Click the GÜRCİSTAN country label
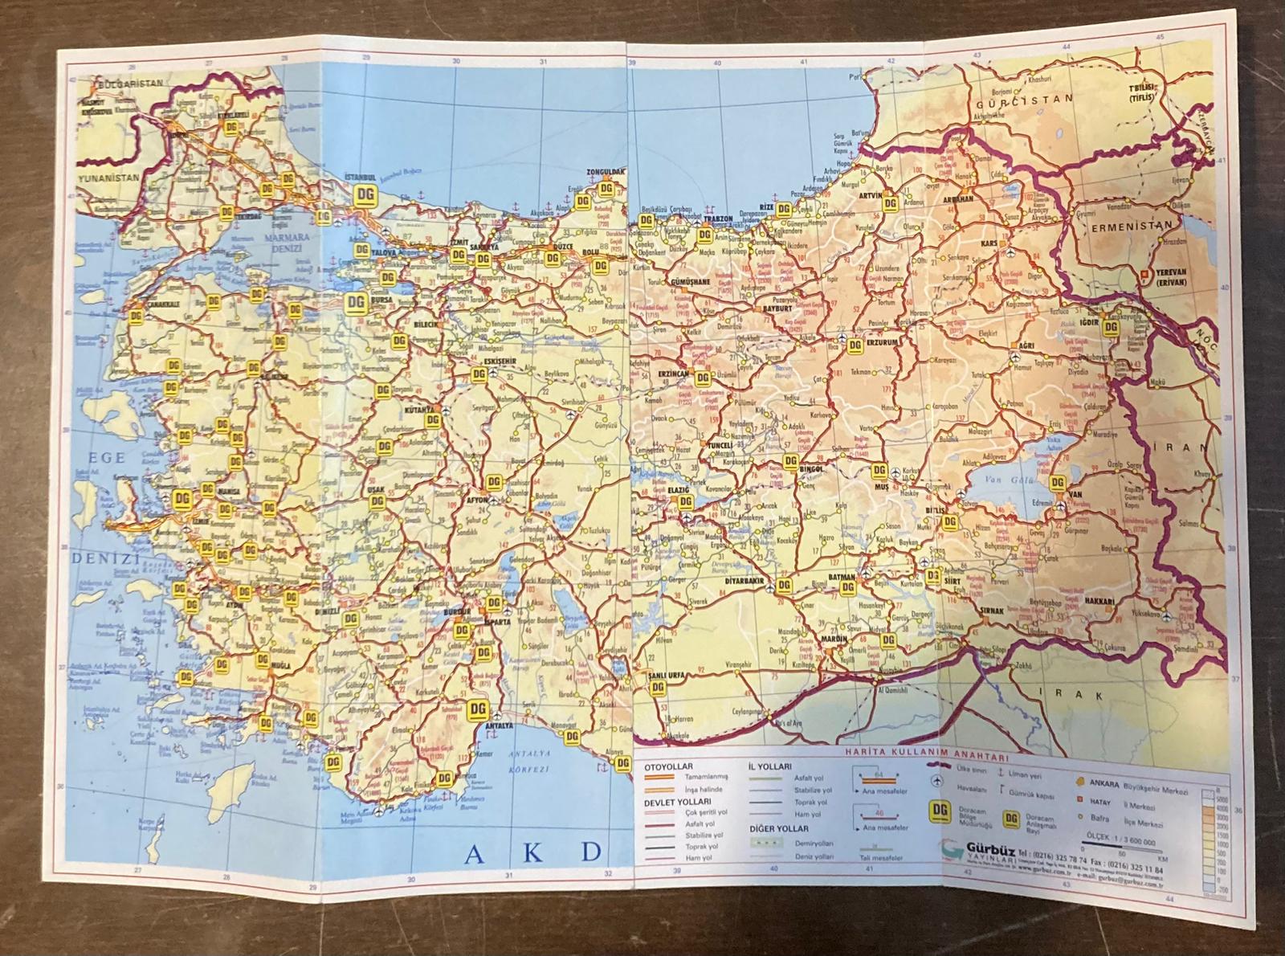tap(1024, 100)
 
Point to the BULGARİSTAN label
tap(130, 83)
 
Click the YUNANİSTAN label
tap(108, 178)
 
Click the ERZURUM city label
tap(884, 342)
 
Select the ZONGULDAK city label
tap(606, 173)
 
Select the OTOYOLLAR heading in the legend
tap(667, 767)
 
